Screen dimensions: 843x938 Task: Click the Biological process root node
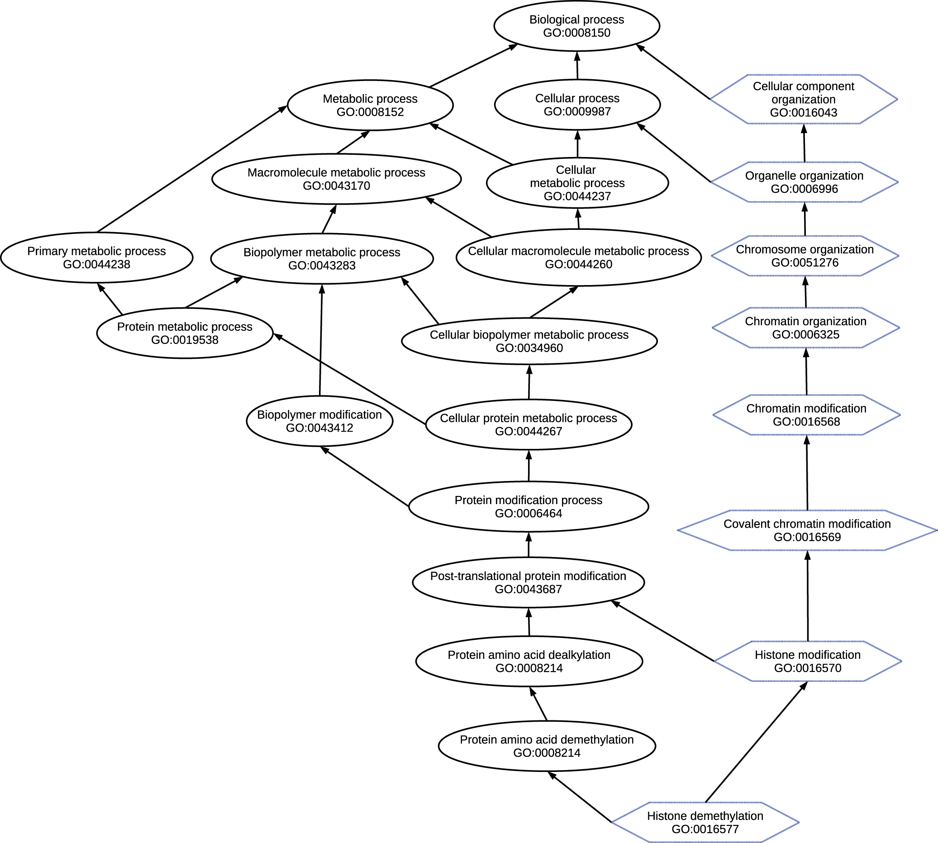pos(577,26)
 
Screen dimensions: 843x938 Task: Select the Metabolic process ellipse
pos(370,105)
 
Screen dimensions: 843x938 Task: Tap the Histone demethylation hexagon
pos(705,822)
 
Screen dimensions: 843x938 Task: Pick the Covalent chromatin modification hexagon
pos(807,530)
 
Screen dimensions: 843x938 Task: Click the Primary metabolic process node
pos(96,257)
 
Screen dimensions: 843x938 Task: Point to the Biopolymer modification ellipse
pos(319,421)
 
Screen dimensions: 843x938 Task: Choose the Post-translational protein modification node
pos(528,582)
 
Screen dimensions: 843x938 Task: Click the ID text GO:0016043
pos(804,113)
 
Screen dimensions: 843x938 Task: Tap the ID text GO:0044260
pos(579,264)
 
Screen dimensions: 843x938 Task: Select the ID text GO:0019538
pos(185,340)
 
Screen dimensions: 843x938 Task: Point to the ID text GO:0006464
pos(529,513)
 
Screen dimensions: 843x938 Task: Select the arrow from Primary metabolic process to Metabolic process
pos(192,169)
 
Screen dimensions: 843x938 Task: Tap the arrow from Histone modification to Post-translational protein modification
pos(663,631)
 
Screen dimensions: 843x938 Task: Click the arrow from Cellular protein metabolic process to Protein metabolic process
pos(350,379)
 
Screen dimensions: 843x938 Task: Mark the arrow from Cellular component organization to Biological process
pos(673,72)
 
